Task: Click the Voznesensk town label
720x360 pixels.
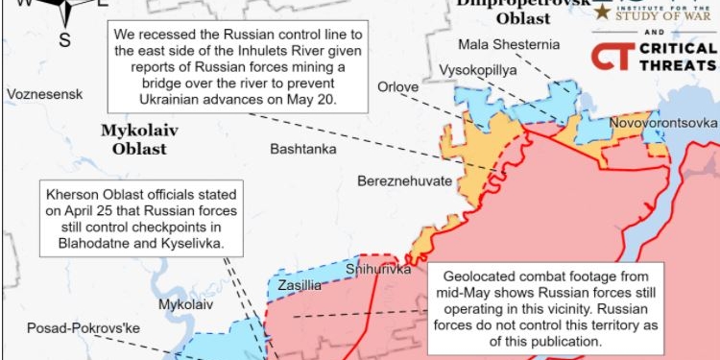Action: pos(44,94)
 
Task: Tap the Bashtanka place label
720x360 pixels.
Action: pos(303,149)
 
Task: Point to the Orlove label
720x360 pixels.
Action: pos(397,87)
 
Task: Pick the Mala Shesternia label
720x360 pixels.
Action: pos(509,44)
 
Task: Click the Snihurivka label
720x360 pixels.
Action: pos(378,270)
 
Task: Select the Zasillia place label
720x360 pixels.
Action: pos(300,285)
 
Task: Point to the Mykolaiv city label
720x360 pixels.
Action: pos(185,303)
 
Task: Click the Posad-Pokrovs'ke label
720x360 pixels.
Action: pos(69,326)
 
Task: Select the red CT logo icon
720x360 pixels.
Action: pos(607,56)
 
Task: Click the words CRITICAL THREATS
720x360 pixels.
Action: pos(677,56)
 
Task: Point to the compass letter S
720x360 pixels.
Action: pos(65,39)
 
